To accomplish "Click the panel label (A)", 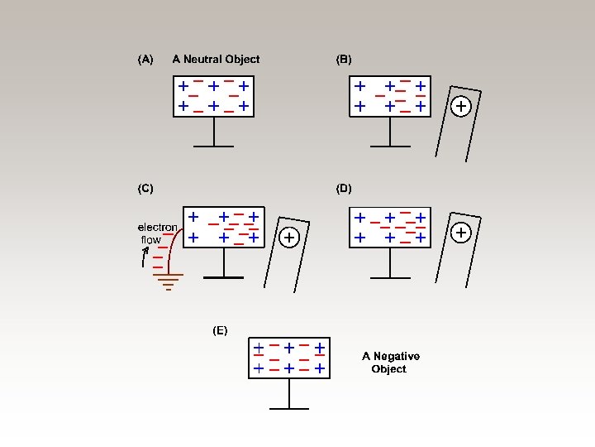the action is click(145, 60).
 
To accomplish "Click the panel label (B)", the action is click(344, 60).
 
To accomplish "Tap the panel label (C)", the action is click(145, 189).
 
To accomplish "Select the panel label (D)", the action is click(344, 189).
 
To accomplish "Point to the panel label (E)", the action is click(220, 330).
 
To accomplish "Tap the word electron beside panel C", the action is click(157, 227).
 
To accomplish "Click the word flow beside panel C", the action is click(150, 240).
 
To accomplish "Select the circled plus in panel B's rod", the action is click(461, 106).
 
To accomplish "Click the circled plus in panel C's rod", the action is click(288, 238).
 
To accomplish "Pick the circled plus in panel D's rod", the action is click(461, 233).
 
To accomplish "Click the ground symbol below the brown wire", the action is click(169, 282).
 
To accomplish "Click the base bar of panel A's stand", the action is click(214, 146).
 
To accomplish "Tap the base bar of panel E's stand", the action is click(289, 408).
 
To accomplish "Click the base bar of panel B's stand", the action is click(389, 146).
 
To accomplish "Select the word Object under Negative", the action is click(388, 369).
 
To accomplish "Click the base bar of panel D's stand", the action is click(389, 277).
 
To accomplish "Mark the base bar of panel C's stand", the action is click(223, 277).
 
